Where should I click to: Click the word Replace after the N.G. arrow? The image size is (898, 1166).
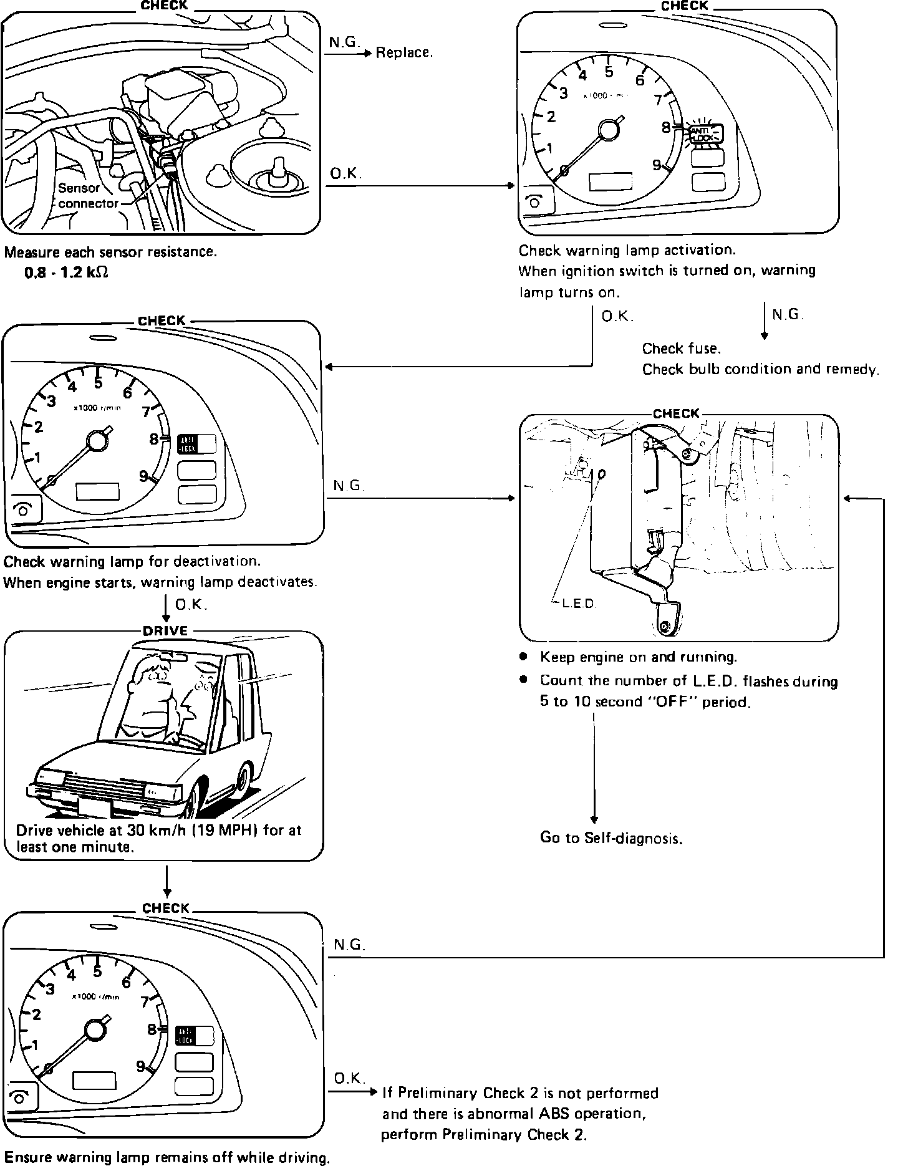403,53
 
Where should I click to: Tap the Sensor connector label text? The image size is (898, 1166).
87,196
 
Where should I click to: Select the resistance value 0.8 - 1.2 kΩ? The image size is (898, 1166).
66,273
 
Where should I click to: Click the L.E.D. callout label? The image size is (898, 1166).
579,604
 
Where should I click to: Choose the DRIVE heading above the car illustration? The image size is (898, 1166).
165,631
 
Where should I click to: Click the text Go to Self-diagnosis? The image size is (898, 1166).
611,839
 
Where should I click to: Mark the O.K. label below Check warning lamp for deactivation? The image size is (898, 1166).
191,605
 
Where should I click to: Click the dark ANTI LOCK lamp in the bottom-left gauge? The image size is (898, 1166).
186,1036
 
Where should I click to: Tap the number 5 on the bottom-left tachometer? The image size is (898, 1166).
97,971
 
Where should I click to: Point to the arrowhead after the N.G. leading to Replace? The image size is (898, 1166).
368,54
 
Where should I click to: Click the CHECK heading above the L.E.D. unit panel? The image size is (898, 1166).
676,413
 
